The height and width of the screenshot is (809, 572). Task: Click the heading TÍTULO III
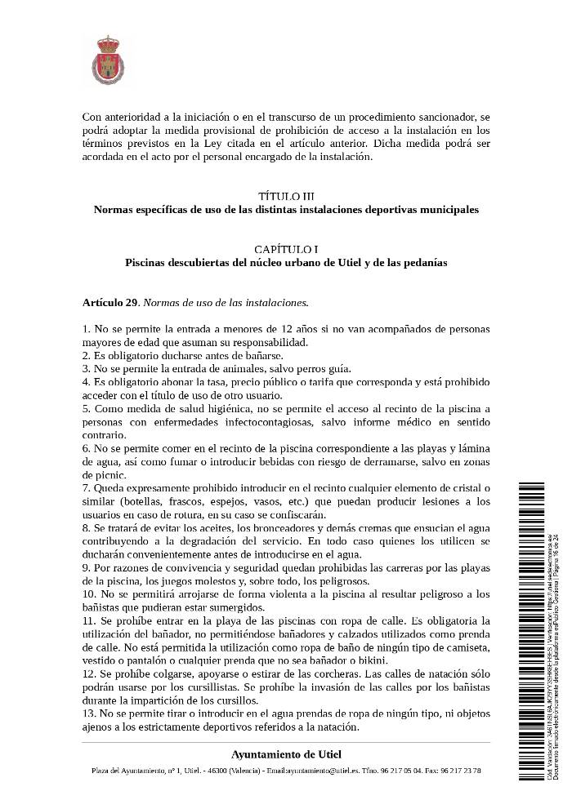coord(285,197)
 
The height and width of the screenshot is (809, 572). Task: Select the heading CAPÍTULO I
coord(285,250)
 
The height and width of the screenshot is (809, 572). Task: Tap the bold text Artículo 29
coord(109,303)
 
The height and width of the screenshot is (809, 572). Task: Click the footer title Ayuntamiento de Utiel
coord(286,753)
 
